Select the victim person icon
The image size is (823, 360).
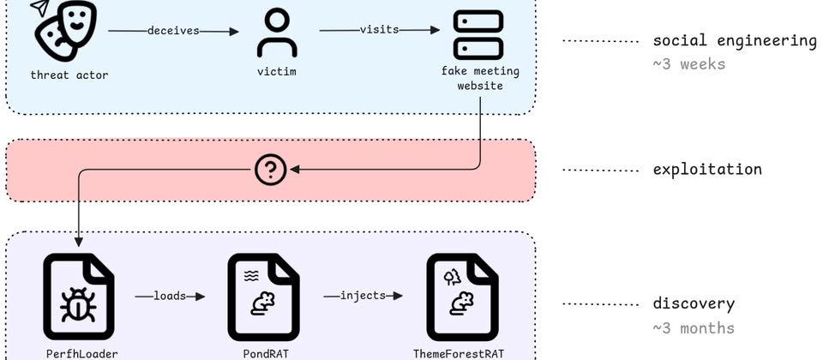coord(277,33)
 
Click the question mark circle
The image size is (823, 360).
coord(271,171)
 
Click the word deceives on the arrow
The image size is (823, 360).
coord(173,31)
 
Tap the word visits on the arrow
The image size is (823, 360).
coord(378,30)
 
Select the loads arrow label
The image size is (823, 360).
coord(171,297)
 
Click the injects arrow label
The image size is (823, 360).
coord(363,297)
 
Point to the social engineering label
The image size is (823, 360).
coord(735,41)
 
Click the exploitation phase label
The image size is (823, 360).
coord(707,170)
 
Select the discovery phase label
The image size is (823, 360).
coord(694,304)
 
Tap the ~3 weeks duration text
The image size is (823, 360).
coord(688,64)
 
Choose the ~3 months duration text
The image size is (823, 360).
coord(694,328)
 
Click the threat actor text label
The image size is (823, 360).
coord(69,75)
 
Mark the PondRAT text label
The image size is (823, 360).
coord(264,353)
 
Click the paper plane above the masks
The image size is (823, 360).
coord(39,8)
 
